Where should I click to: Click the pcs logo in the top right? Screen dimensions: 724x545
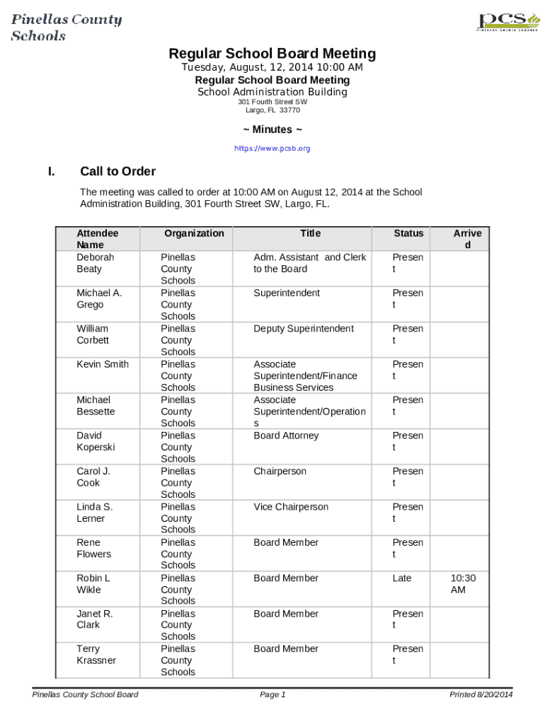click(x=503, y=21)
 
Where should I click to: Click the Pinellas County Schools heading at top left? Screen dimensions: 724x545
click(x=67, y=28)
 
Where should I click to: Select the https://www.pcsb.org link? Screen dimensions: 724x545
click(x=272, y=148)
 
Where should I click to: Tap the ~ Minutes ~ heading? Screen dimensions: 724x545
click(x=272, y=129)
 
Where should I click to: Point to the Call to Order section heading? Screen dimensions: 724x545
click(x=117, y=171)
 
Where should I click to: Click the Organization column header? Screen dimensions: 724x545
click(x=194, y=233)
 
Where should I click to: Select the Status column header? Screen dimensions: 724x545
click(x=408, y=233)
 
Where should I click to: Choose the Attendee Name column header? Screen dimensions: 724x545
click(x=97, y=239)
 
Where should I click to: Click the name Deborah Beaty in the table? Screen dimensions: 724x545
click(x=95, y=263)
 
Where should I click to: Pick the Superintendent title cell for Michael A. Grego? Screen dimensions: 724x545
click(x=287, y=293)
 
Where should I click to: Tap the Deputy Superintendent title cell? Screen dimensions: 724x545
click(x=304, y=329)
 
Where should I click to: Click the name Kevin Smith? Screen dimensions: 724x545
click(x=103, y=364)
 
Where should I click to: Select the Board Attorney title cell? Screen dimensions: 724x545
click(x=286, y=436)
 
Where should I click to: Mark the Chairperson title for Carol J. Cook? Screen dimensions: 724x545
click(x=280, y=471)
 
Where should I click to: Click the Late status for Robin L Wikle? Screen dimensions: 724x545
click(x=401, y=578)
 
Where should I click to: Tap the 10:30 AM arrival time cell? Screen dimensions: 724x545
click(x=463, y=584)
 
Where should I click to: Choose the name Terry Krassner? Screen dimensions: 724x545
click(x=96, y=655)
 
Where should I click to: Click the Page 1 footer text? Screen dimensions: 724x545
click(x=272, y=695)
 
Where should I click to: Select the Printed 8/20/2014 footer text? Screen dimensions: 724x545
click(x=481, y=695)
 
